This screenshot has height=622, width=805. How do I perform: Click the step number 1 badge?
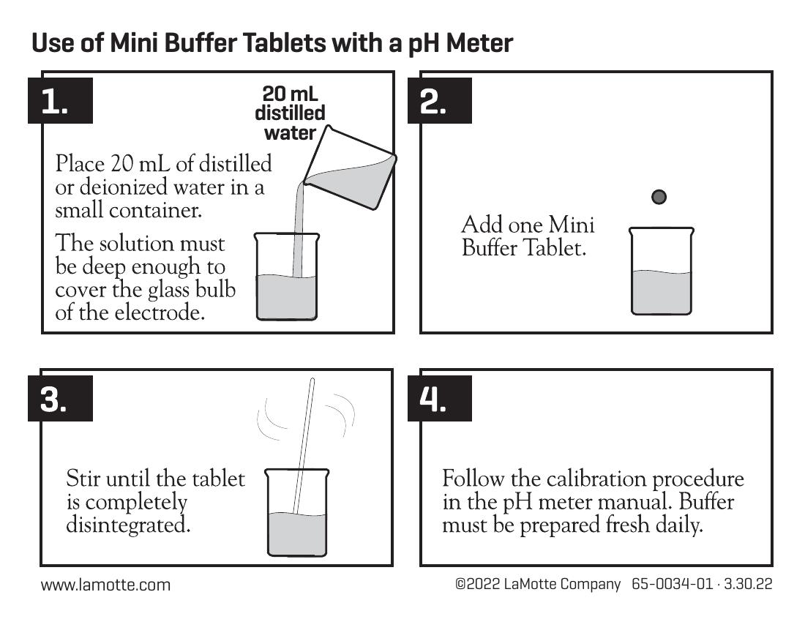[x=60, y=100]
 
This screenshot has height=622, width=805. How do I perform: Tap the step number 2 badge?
[x=440, y=100]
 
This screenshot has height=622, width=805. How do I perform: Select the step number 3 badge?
[x=60, y=398]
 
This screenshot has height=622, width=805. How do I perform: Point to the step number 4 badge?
[x=440, y=398]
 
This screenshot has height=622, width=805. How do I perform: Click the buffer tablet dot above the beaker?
[x=659, y=197]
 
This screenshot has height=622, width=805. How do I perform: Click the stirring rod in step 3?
[x=304, y=446]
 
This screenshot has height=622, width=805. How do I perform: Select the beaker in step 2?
[x=662, y=271]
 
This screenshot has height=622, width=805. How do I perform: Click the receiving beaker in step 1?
[x=286, y=277]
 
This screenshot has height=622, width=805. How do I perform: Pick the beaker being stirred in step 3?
[x=296, y=512]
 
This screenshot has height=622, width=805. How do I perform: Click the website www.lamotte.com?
[x=106, y=585]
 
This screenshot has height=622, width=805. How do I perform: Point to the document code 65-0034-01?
[x=672, y=584]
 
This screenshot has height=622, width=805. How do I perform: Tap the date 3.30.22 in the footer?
[x=748, y=584]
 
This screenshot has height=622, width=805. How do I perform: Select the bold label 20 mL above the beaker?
[x=290, y=94]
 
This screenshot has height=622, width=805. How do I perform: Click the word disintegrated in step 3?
[x=128, y=525]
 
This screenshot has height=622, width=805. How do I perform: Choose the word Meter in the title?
[x=479, y=42]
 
